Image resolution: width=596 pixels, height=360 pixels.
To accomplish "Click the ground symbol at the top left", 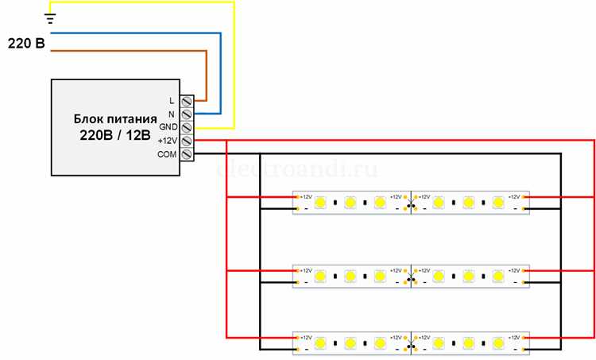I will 50,18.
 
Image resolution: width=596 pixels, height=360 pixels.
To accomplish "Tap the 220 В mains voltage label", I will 26,43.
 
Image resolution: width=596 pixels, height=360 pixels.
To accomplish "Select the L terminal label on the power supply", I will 172,101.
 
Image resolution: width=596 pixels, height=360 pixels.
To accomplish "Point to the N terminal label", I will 172,114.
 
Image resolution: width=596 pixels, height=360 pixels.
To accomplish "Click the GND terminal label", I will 168,127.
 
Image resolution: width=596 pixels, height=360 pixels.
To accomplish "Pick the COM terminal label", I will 167,154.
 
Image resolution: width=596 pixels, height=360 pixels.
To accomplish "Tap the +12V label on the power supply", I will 167,141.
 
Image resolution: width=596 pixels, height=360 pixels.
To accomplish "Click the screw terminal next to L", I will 188,101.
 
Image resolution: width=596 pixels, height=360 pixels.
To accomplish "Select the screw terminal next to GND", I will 188,127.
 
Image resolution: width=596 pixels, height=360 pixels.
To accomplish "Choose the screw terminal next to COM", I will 188,154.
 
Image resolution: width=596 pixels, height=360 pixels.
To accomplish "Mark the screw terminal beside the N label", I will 188,114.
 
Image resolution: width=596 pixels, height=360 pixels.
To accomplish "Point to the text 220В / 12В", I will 114,136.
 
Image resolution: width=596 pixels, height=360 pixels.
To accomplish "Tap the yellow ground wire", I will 234,64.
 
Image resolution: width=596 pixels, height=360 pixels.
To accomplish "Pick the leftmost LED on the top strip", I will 319,203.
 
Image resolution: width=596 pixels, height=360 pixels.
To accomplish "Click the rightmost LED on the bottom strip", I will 498,343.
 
